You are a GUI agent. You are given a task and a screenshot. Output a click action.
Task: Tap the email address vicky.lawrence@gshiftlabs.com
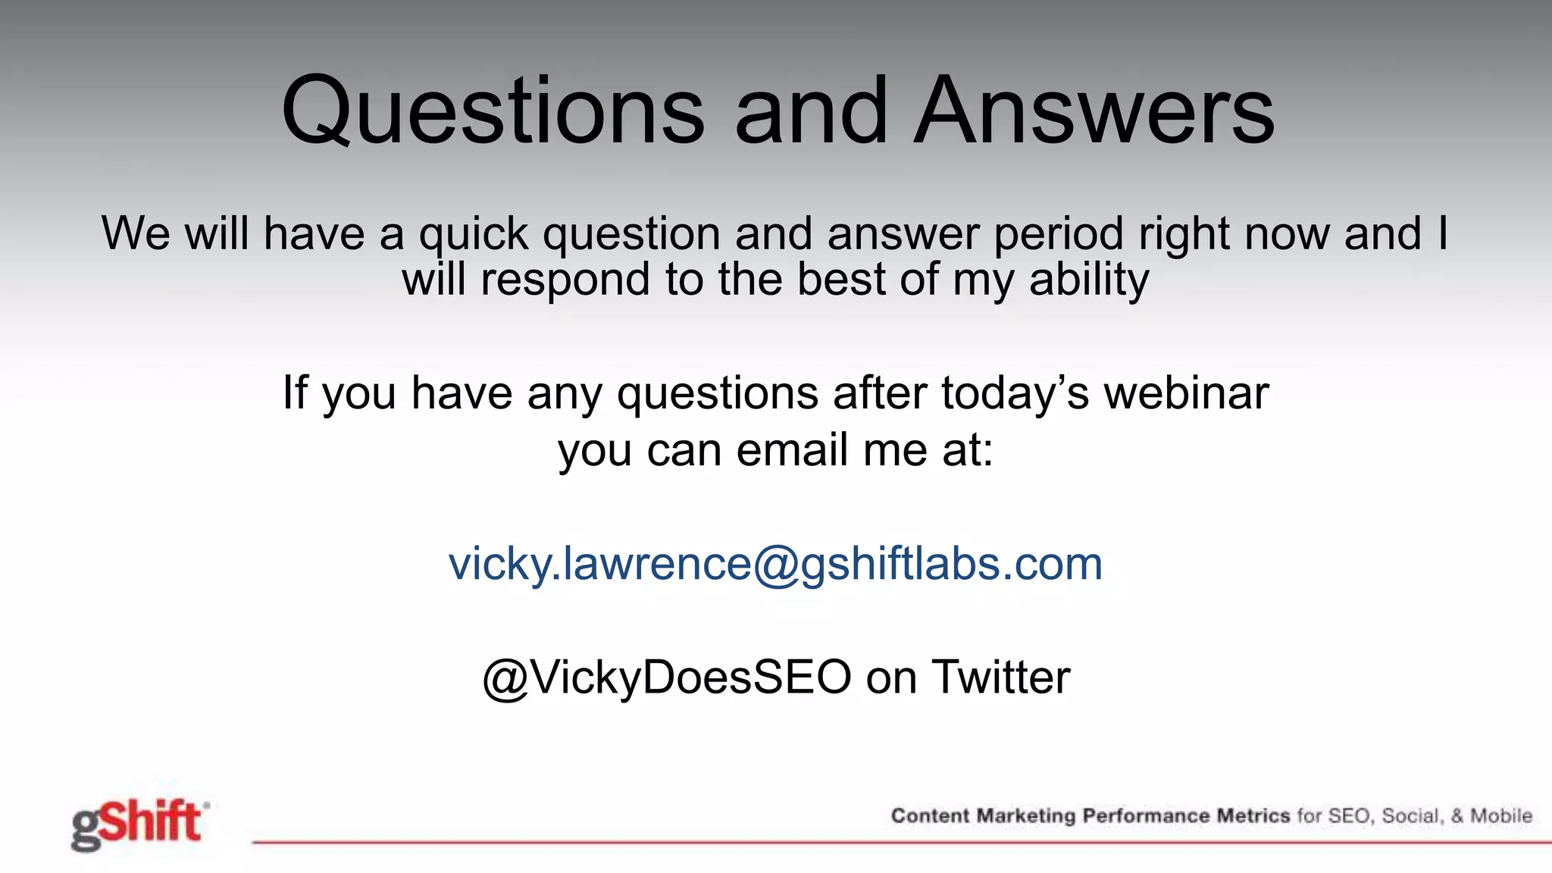click(x=775, y=564)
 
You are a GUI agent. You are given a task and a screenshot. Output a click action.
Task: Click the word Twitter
click(x=1000, y=677)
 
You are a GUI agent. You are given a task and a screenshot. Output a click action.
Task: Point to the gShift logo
click(x=139, y=824)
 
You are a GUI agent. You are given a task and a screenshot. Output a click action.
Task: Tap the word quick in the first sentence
click(x=474, y=233)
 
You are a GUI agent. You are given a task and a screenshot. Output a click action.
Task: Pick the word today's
click(x=1014, y=393)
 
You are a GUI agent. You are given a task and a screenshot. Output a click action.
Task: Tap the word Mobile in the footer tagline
click(x=1501, y=816)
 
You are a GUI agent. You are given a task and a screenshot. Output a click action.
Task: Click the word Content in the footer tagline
click(x=929, y=816)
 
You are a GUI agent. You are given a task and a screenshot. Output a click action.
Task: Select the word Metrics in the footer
click(x=1253, y=816)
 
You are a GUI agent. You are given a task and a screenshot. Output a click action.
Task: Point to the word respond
click(x=565, y=280)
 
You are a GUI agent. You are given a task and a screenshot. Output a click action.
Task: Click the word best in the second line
click(x=840, y=280)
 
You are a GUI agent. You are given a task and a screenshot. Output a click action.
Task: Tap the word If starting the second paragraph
click(x=295, y=393)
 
